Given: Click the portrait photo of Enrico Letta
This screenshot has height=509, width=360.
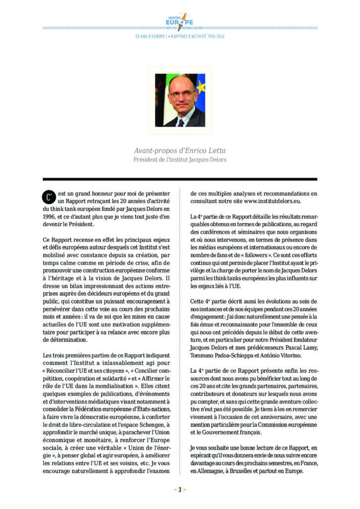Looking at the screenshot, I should pos(180,100).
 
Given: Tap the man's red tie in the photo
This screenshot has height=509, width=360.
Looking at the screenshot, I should pos(180,122).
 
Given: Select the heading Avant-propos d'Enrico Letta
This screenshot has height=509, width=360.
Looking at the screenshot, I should pos(180,150).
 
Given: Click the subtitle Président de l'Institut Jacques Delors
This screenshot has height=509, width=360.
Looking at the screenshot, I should pos(180,160).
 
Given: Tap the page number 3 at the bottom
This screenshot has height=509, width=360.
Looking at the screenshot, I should pos(180,489).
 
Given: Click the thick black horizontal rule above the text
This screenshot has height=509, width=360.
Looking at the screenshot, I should pos(180,179).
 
